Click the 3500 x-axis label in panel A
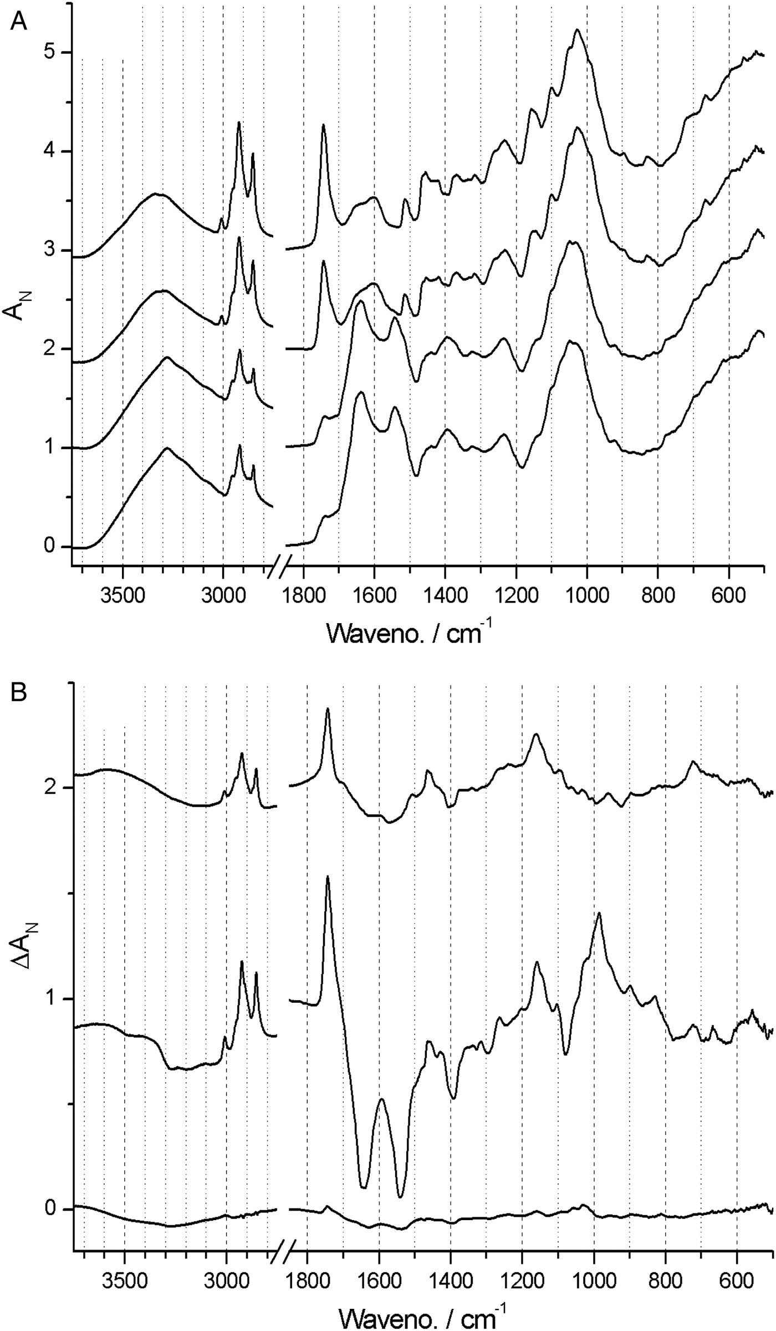[x=122, y=588]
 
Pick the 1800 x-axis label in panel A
[x=304, y=588]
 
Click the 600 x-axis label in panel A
[x=729, y=588]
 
